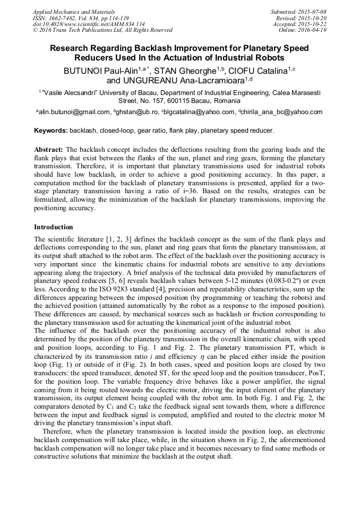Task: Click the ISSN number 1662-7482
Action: [66, 18]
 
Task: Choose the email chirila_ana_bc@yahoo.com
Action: [282, 112]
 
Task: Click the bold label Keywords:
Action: [51, 131]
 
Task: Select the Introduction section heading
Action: [54, 227]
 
